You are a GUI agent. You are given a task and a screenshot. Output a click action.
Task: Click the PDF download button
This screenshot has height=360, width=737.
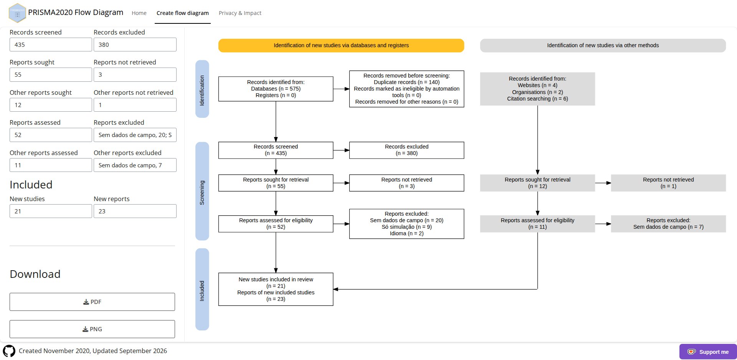tap(92, 302)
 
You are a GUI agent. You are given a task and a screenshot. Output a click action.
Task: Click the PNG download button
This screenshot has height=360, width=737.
tap(92, 329)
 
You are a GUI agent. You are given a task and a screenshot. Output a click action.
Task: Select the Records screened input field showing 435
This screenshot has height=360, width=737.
tap(51, 45)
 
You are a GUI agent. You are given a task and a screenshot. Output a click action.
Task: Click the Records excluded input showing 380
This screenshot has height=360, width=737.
tap(135, 45)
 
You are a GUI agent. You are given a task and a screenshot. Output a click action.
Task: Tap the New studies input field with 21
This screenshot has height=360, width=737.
tap(51, 211)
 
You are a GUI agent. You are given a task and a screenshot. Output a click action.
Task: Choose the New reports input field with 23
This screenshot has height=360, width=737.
tap(135, 211)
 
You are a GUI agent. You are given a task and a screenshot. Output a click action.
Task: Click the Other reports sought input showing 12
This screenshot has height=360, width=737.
tap(51, 105)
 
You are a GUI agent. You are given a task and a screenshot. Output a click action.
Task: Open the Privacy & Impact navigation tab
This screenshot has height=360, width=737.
tap(240, 13)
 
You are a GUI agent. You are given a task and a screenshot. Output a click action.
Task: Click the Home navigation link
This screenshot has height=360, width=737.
tap(139, 13)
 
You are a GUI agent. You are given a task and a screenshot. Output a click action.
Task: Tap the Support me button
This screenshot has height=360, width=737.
tap(708, 352)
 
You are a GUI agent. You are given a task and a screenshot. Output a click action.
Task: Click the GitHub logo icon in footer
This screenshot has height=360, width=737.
tap(9, 351)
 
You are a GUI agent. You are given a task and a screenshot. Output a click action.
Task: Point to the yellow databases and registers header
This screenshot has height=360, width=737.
tap(341, 45)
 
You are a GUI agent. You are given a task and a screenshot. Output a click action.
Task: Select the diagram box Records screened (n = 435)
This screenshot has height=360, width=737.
tap(276, 150)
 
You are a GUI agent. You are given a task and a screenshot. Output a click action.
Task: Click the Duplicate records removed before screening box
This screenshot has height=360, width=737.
tap(407, 89)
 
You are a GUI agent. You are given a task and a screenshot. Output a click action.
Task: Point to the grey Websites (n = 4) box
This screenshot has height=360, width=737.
tap(537, 89)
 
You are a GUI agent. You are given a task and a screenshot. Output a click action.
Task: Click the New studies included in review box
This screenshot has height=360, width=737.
tap(276, 289)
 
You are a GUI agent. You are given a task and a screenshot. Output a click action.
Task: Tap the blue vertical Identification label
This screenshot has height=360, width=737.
tap(202, 89)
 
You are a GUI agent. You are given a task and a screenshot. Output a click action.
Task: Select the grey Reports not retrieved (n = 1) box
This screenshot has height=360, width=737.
tap(668, 183)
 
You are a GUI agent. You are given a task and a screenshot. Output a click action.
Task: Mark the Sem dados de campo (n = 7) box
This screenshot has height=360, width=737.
tap(668, 224)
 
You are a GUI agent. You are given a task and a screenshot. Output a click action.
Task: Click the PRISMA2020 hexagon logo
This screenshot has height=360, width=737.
tap(17, 13)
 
